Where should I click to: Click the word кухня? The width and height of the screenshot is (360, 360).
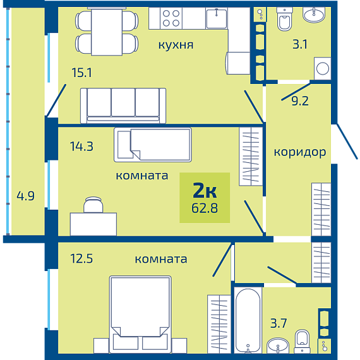[x=176, y=45]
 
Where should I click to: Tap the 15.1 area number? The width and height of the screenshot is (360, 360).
[x=81, y=73]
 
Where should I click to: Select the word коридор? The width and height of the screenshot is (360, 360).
[x=300, y=152]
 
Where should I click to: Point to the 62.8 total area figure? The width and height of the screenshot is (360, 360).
[x=205, y=208]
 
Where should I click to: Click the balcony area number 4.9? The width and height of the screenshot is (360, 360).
[x=25, y=196]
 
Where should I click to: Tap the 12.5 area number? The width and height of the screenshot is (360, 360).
[x=81, y=258]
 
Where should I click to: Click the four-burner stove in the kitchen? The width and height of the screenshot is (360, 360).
[x=171, y=18]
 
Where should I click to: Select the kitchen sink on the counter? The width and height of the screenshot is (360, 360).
[x=217, y=18]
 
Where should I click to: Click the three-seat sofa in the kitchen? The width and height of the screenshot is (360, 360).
[x=123, y=105]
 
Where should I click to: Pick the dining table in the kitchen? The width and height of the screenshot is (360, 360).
[x=107, y=32]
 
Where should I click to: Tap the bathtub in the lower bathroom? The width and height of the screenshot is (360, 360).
[x=248, y=320]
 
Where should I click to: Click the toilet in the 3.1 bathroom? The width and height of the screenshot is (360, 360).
[x=285, y=19]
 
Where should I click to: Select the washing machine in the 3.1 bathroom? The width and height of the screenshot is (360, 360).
[x=322, y=68]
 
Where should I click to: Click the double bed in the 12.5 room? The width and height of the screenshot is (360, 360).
[x=140, y=315]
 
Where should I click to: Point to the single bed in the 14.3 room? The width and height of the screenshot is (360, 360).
[x=153, y=145]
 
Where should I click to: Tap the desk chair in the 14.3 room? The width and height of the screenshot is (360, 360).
[x=93, y=205]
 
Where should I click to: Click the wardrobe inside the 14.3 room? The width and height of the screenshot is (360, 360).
[x=251, y=157]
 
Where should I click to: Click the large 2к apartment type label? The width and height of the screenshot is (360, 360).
[x=205, y=190]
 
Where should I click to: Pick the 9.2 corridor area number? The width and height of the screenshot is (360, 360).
[x=300, y=101]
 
